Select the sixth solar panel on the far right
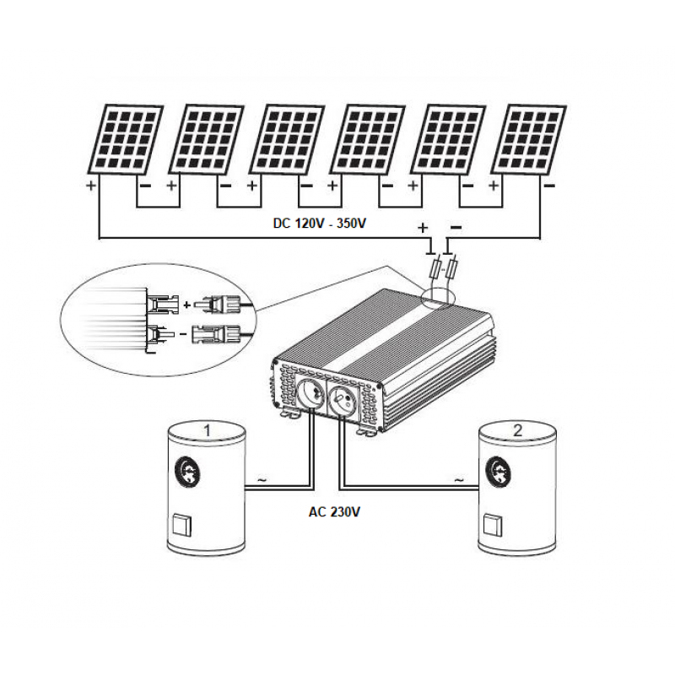(x=530, y=139)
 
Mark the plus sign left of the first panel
(x=91, y=185)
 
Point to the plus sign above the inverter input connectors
(x=424, y=228)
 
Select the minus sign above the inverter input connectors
(x=456, y=227)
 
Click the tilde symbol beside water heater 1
(x=260, y=480)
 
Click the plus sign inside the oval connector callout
(x=186, y=303)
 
